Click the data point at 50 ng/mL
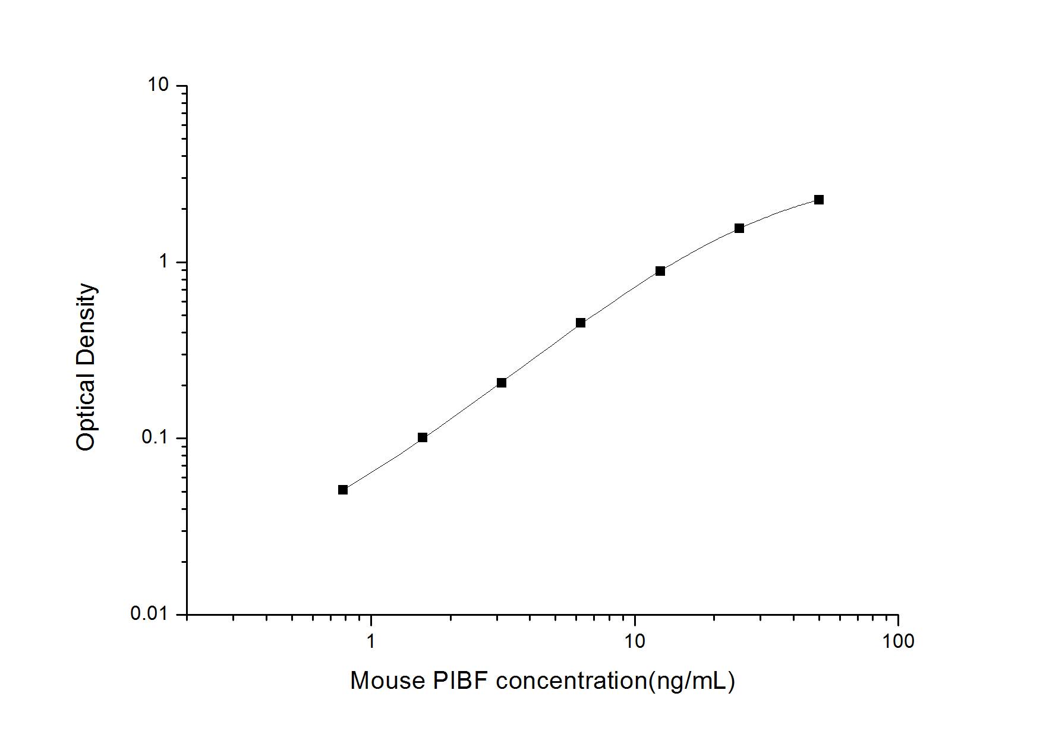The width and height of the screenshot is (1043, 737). click(818, 200)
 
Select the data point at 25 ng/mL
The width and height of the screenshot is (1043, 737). click(739, 228)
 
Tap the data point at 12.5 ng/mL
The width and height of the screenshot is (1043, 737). click(660, 271)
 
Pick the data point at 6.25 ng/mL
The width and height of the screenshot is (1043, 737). click(581, 323)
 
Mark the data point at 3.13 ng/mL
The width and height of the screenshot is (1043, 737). click(502, 383)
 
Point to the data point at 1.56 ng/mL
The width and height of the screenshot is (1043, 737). click(423, 437)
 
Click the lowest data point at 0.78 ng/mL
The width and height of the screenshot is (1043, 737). click(343, 490)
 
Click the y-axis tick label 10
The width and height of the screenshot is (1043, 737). click(158, 86)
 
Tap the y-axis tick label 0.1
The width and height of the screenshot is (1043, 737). click(155, 437)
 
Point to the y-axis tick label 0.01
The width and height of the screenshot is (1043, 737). click(150, 613)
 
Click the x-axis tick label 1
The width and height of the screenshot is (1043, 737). click(371, 641)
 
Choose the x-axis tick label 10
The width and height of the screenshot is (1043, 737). click(634, 641)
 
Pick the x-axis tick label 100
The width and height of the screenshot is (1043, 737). click(897, 641)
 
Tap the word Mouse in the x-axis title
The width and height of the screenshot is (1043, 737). click(387, 681)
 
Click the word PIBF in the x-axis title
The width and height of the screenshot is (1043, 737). click(460, 681)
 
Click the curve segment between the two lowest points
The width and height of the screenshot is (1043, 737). click(383, 464)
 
